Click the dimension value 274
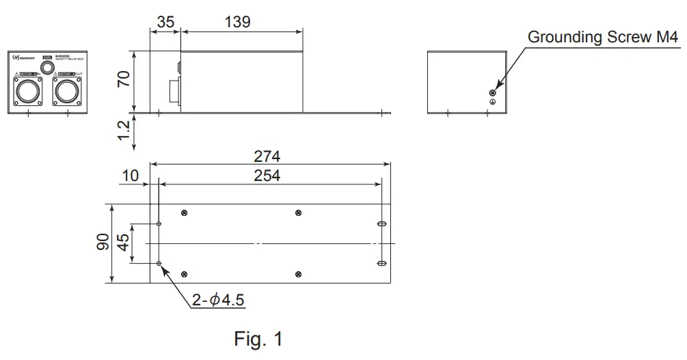click(x=267, y=156)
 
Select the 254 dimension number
click(x=267, y=176)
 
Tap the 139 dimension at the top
click(x=237, y=22)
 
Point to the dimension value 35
click(x=165, y=22)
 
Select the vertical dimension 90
click(x=103, y=243)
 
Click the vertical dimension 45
click(x=124, y=243)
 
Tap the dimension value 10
click(x=131, y=176)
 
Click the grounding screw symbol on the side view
click(x=491, y=92)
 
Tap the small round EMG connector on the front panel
click(x=47, y=67)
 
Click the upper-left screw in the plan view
click(x=185, y=213)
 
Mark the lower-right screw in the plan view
click(x=299, y=274)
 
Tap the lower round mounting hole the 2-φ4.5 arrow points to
click(x=159, y=263)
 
